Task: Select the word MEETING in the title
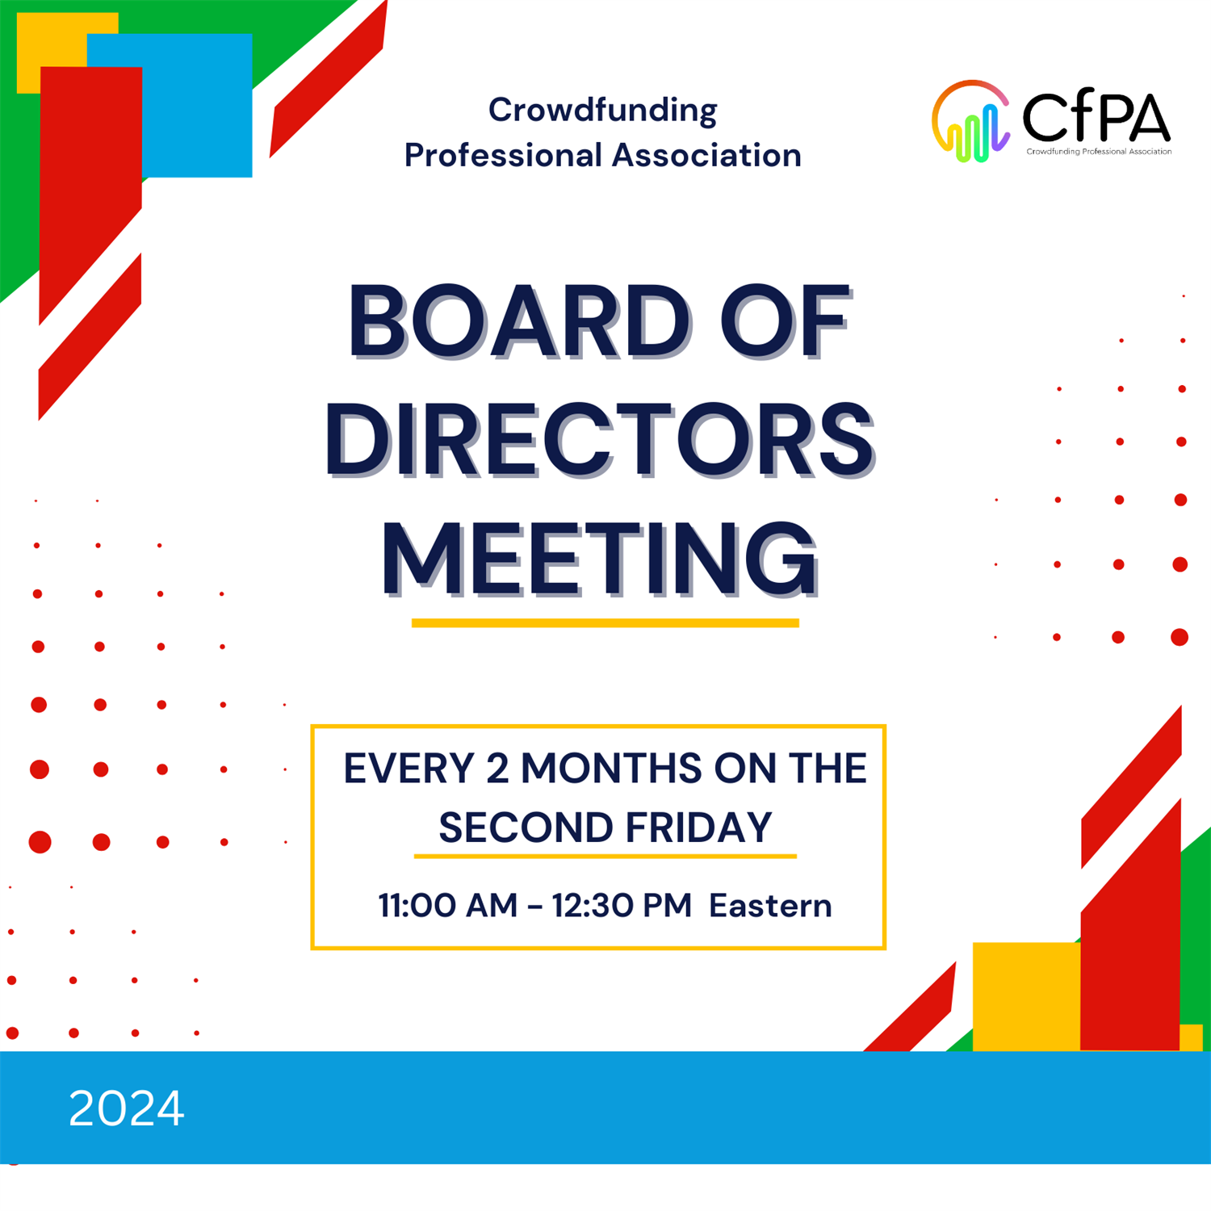tap(599, 559)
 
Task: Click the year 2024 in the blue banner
tap(127, 1108)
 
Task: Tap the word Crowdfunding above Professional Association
tap(602, 111)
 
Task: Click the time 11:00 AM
tap(447, 906)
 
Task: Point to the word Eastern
tap(770, 906)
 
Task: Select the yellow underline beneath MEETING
tap(605, 622)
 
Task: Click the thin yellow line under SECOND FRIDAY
tap(605, 856)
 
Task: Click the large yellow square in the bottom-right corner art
tap(1027, 996)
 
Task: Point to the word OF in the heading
tap(784, 322)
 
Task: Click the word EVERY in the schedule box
tap(409, 768)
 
